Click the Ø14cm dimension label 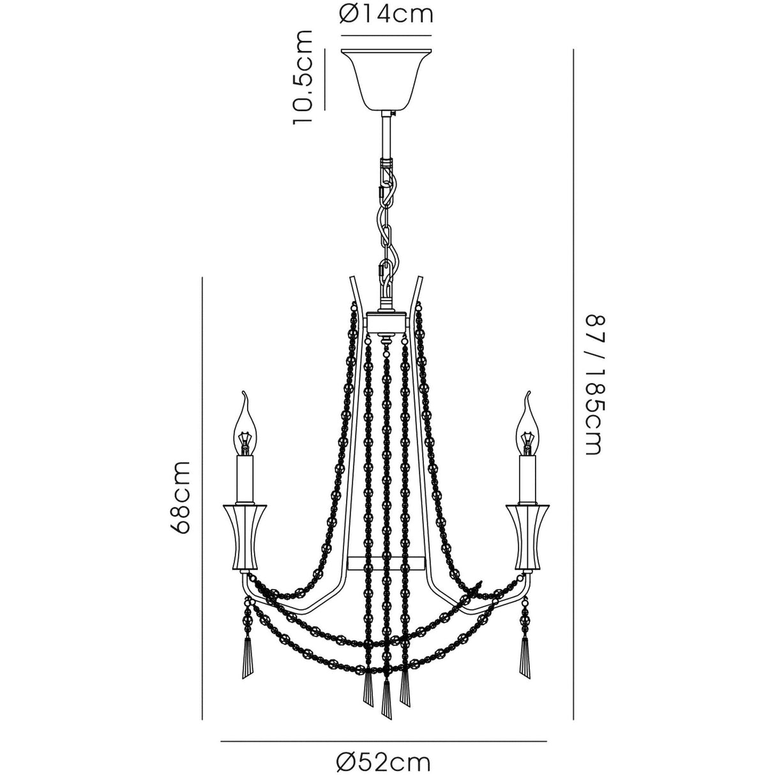tap(386, 14)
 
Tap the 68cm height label tap(182, 497)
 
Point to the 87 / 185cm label tap(592, 383)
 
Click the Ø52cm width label tap(384, 761)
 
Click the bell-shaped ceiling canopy tap(386, 79)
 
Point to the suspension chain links tap(387, 217)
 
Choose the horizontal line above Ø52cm tap(384, 741)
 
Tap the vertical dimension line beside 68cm tap(202, 498)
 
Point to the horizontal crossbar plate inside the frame tap(386, 562)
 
